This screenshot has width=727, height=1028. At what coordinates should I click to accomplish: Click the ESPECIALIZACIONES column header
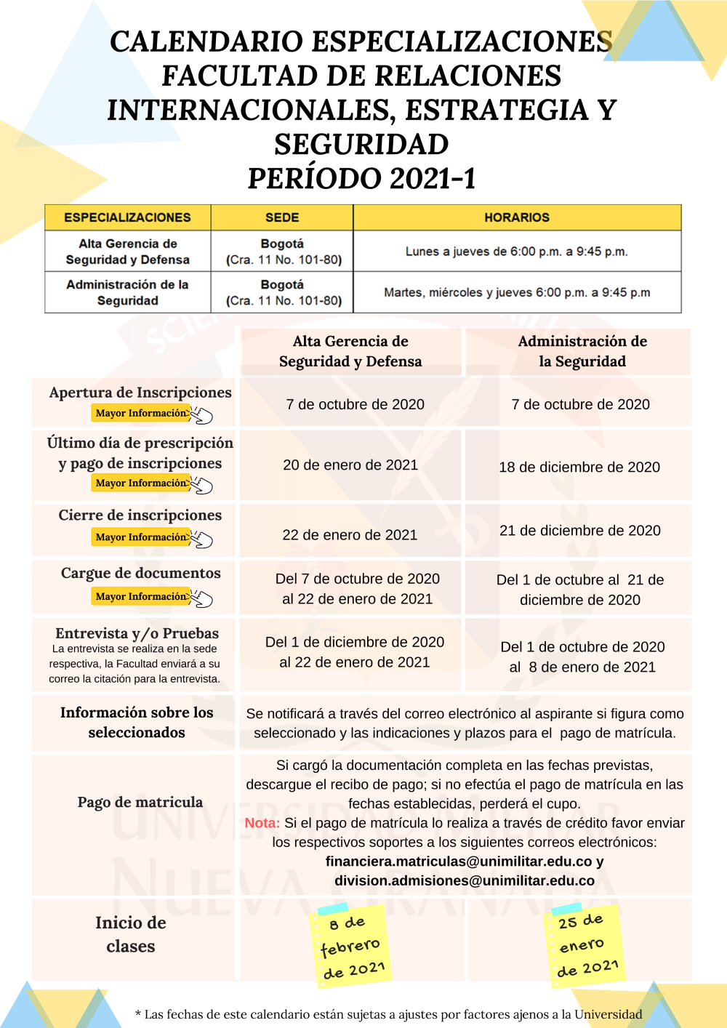(x=127, y=217)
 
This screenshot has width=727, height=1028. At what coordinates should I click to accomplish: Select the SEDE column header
(x=282, y=217)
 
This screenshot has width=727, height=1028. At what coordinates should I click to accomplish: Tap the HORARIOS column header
(x=517, y=217)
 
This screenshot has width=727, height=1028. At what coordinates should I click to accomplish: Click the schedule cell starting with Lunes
(x=517, y=252)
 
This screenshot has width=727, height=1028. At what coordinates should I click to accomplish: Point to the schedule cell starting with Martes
(x=517, y=292)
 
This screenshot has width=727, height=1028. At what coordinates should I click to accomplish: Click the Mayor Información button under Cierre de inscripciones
(x=142, y=537)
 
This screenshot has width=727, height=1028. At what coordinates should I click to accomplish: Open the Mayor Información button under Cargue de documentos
(x=142, y=597)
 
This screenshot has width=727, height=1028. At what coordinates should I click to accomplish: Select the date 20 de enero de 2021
(x=350, y=465)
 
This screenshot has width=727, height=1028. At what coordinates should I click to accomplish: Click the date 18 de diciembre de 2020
(x=579, y=467)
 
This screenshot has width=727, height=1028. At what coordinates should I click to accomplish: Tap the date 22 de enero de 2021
(x=350, y=535)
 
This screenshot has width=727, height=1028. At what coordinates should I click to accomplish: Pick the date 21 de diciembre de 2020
(x=580, y=531)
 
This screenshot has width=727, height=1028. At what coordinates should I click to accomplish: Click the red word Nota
(x=262, y=823)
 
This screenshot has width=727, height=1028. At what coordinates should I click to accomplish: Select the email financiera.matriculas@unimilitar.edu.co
(x=459, y=862)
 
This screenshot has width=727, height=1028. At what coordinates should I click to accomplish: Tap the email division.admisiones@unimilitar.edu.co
(x=465, y=880)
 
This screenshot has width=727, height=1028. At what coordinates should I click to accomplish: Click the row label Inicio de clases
(x=131, y=934)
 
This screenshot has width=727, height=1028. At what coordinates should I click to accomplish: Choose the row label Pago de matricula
(x=140, y=802)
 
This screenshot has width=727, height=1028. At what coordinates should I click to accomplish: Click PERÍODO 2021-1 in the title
(x=361, y=179)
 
